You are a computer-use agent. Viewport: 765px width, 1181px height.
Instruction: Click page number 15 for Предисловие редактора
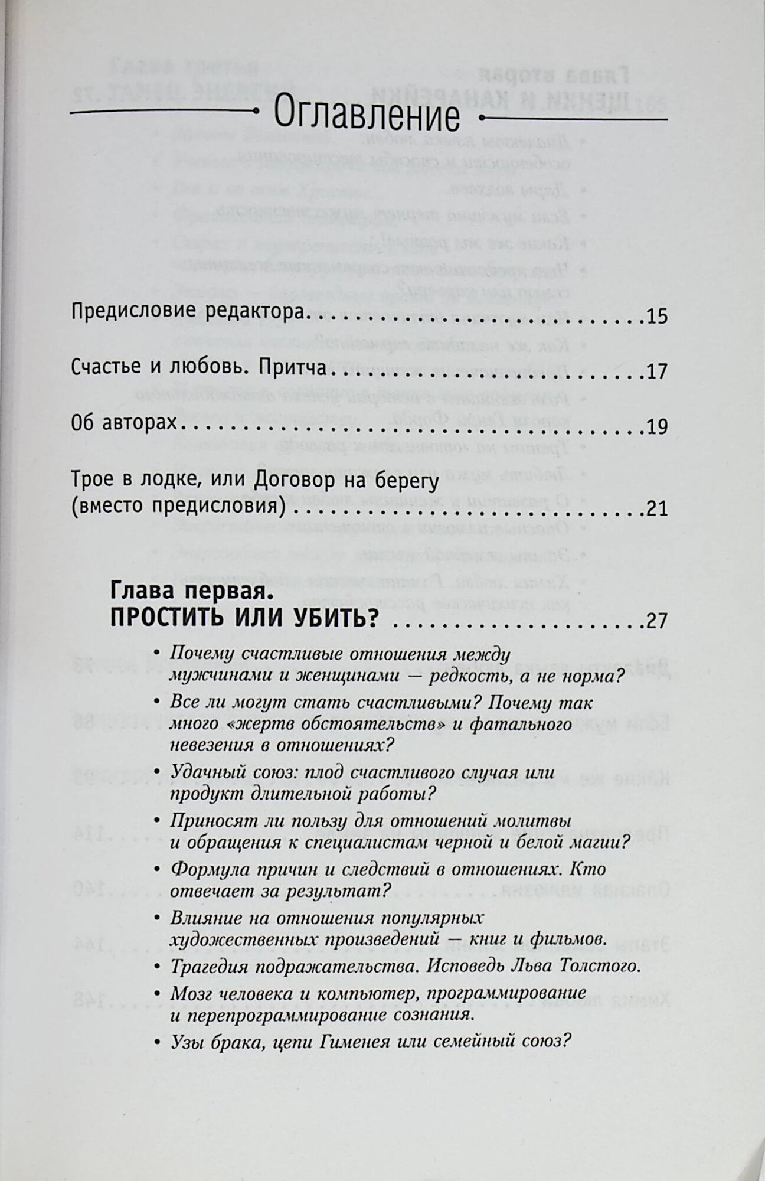click(656, 317)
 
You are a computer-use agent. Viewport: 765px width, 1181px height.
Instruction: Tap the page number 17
click(656, 371)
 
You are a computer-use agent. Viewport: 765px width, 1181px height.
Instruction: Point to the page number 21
click(656, 508)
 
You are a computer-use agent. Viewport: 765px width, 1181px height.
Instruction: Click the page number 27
click(656, 621)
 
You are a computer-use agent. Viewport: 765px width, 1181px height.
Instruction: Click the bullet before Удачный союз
click(156, 772)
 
